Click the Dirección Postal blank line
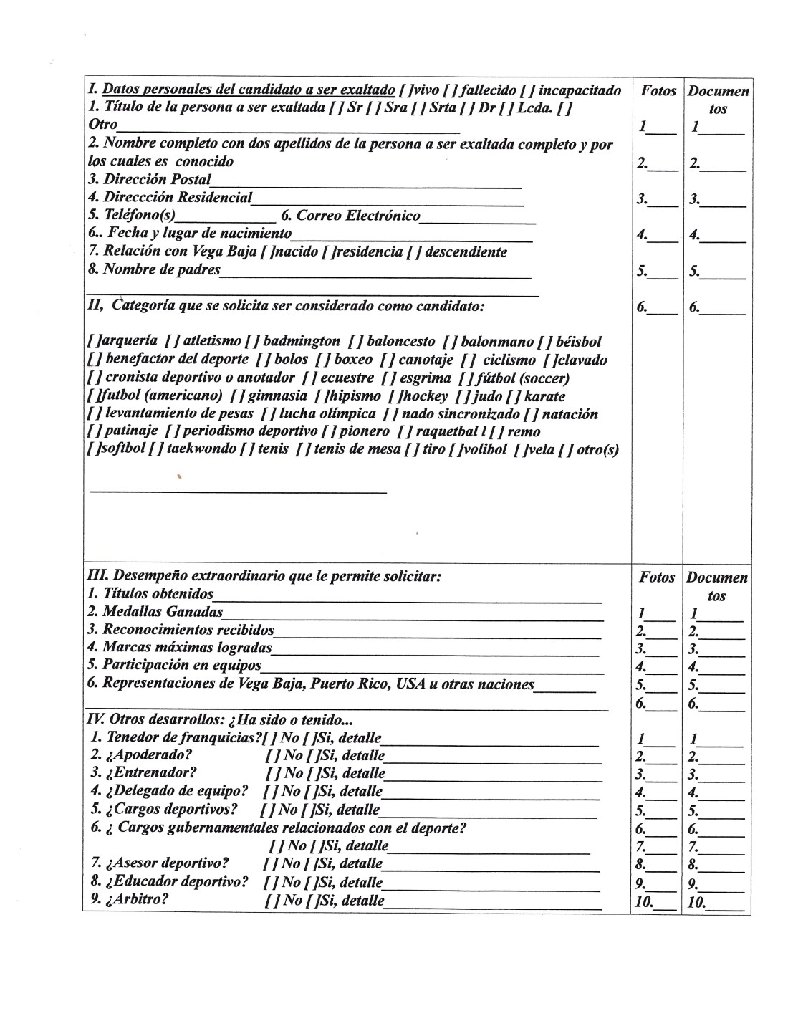365,186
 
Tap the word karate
544,396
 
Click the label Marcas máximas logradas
179,648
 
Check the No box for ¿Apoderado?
271,756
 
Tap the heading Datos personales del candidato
249,91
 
